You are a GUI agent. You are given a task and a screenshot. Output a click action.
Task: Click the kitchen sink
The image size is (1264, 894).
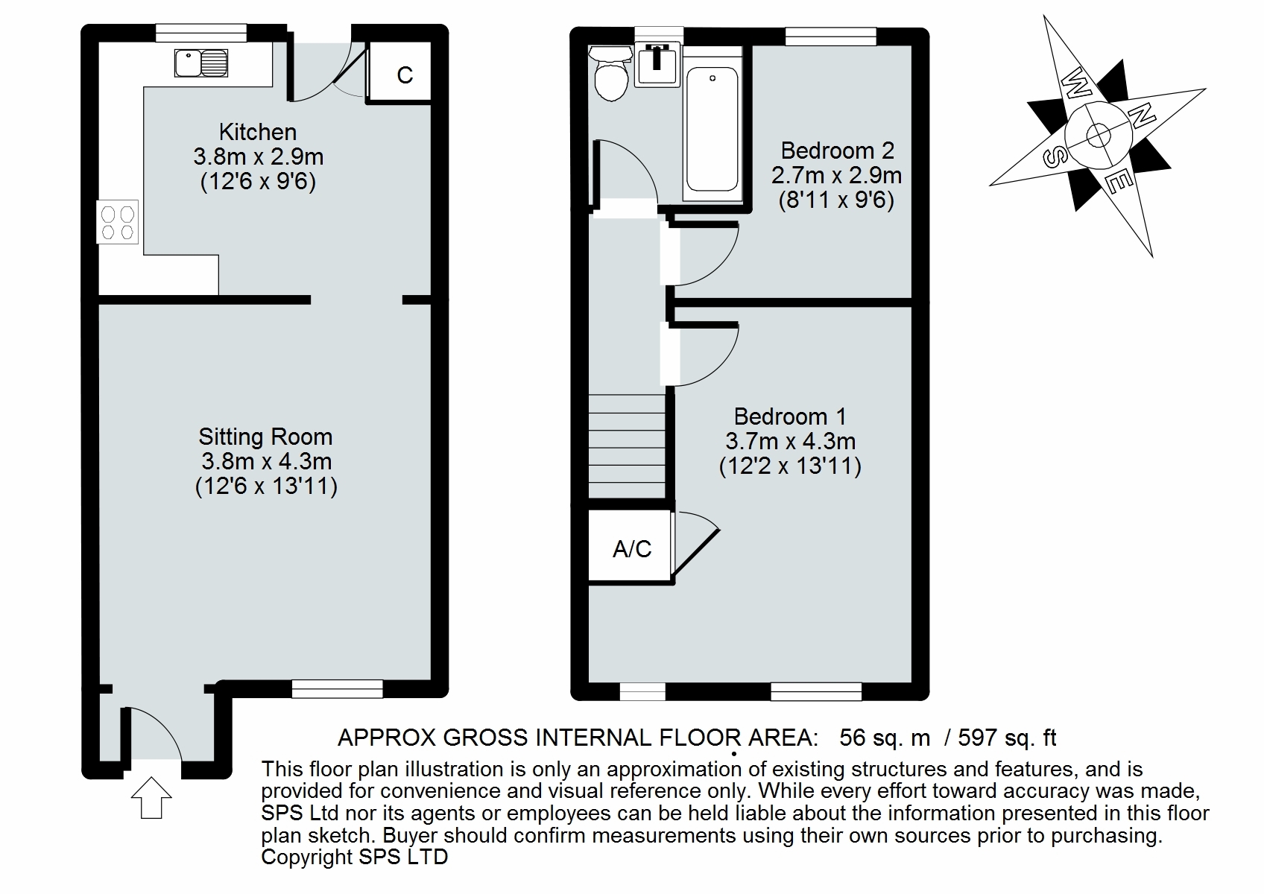coord(200,63)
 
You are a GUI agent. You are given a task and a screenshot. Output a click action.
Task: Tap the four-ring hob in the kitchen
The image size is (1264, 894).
coord(118,222)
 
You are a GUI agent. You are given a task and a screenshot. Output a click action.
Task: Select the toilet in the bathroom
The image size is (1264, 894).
coord(610,75)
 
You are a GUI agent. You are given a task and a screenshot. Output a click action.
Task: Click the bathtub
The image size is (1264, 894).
coord(712,130)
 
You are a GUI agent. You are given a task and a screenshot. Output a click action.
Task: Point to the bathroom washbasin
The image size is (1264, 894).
coord(657,67)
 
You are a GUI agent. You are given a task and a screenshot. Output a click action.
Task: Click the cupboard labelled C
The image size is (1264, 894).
coord(405,74)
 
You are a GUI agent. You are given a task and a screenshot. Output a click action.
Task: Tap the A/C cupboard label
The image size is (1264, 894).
coord(632,549)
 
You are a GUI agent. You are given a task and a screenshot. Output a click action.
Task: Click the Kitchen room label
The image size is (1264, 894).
coord(258,132)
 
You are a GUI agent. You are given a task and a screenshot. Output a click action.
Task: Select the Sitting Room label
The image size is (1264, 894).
coord(265,437)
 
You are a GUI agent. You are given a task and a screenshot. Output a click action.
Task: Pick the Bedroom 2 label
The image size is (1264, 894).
coord(837,150)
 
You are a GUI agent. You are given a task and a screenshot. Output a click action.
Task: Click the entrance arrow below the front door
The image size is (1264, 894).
coord(151,798)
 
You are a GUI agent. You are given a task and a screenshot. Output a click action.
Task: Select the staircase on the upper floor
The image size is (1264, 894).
coord(627,446)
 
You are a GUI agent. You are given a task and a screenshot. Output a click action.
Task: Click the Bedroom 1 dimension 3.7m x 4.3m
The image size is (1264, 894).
coord(790,441)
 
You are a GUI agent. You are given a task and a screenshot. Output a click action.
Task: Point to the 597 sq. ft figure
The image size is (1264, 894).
coord(1007,738)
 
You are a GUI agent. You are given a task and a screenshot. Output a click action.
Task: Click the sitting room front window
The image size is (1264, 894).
coord(337,688)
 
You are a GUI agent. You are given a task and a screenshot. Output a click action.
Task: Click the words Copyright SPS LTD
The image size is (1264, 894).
coord(354,857)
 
